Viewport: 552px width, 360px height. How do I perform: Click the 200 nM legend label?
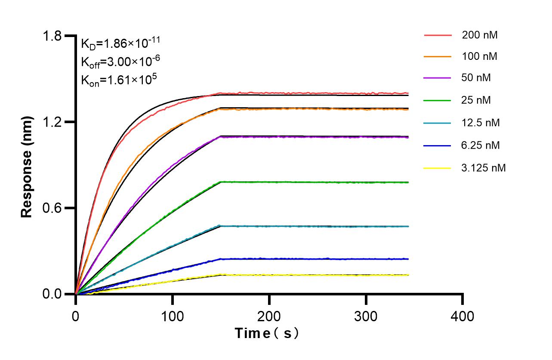coord(480,35)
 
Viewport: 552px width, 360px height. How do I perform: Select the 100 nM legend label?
coord(480,56)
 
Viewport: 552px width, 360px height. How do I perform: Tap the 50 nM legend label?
coord(476,78)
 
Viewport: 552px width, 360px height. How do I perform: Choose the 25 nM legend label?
coord(476,100)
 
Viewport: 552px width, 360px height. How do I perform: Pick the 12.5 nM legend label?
coord(481,123)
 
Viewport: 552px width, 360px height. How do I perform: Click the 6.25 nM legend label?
coord(481,145)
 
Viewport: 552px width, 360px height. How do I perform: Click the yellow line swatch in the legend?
coord(438,168)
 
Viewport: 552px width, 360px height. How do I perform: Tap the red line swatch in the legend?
coord(438,35)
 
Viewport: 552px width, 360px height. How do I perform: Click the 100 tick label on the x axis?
coord(173,317)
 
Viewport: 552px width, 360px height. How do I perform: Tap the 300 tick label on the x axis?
coord(366,317)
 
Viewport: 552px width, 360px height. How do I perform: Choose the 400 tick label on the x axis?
coord(463,317)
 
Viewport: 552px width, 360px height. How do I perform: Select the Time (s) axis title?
coord(267,333)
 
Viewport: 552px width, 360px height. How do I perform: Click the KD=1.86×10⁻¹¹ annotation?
coord(121,43)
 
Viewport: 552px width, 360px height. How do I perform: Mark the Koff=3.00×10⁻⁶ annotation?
coord(121,62)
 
